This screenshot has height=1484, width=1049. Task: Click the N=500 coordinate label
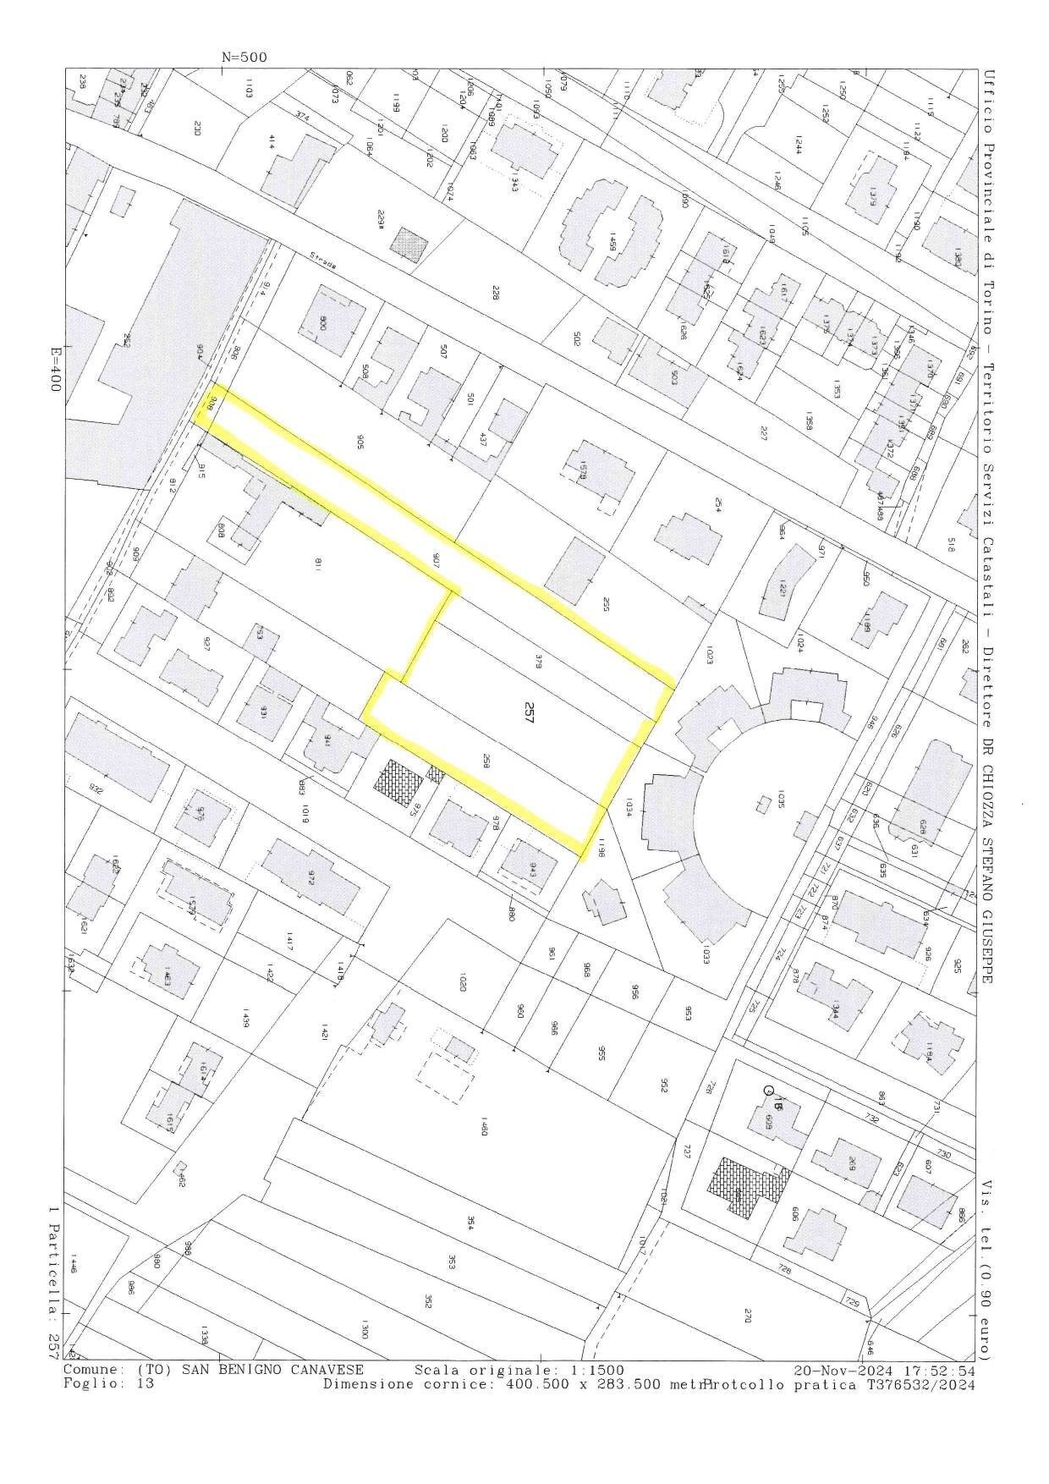pyautogui.click(x=244, y=58)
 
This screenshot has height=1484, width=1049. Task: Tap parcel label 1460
pyautogui.click(x=483, y=1128)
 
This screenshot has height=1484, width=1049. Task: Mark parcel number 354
pyautogui.click(x=470, y=1223)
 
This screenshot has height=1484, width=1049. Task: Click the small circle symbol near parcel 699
pyautogui.click(x=768, y=1091)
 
